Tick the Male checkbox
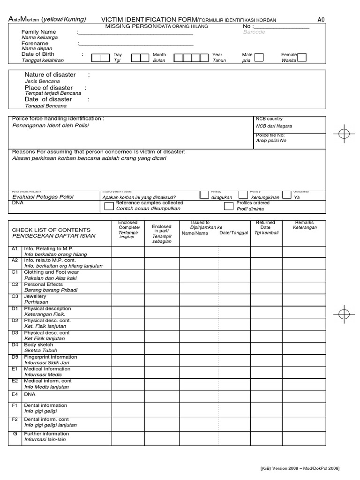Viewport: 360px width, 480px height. (259, 57)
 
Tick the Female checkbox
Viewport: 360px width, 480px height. (302, 57)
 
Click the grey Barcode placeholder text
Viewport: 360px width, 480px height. (254, 32)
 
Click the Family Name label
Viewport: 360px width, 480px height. (39, 31)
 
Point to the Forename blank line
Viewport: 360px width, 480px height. (136, 45)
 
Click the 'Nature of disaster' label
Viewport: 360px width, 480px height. (50, 75)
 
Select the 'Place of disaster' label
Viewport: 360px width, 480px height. (48, 88)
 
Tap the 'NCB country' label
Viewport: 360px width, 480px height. (269, 119)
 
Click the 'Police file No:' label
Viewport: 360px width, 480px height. (270, 135)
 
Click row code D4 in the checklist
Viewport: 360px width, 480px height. (15, 345)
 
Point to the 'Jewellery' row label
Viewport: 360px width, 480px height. (35, 296)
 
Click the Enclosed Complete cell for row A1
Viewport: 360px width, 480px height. (127, 251)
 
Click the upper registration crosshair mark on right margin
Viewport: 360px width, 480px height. (344, 133)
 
